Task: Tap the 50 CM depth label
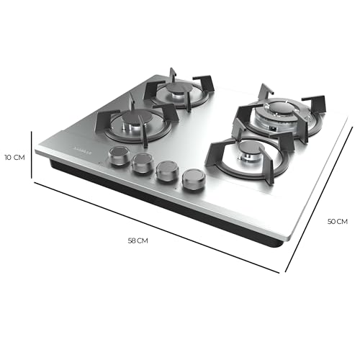[x=338, y=222]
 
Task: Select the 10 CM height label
[x=14, y=157]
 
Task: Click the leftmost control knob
[x=117, y=154]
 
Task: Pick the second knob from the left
[x=141, y=162]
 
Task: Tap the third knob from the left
[x=166, y=170]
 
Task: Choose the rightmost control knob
[x=193, y=179]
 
